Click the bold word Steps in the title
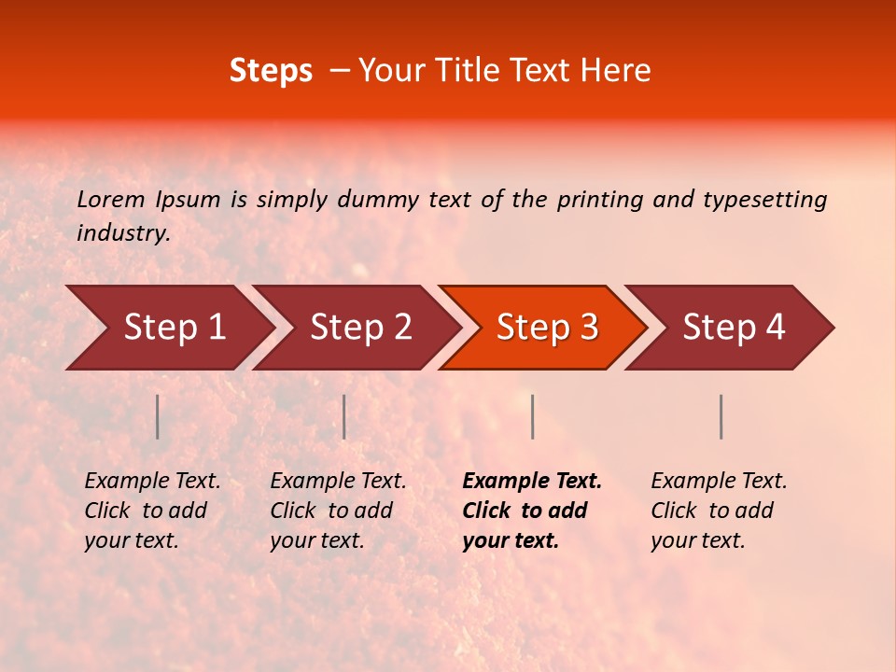[271, 71]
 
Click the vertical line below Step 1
[158, 416]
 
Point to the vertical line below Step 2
[344, 416]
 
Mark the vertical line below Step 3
[532, 416]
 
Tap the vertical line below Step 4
[721, 416]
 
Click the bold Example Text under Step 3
[532, 482]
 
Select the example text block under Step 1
[151, 511]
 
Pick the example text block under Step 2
[337, 511]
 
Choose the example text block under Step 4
[718, 511]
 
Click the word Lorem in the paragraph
[111, 199]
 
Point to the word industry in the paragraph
[123, 233]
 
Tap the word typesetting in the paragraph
[764, 200]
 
